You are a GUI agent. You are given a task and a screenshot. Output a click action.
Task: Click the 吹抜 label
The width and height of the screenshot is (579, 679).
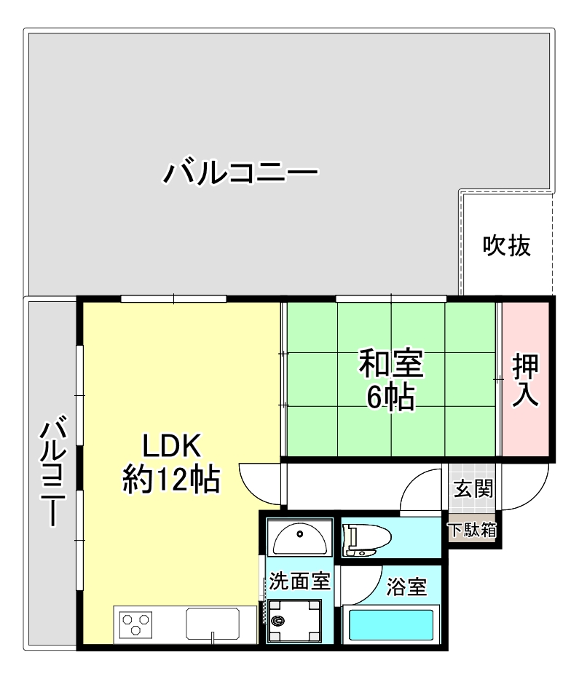click(507, 246)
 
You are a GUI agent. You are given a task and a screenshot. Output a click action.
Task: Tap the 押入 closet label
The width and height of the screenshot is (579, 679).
click(525, 380)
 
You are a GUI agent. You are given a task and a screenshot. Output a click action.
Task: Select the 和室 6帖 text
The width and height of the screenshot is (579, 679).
click(391, 380)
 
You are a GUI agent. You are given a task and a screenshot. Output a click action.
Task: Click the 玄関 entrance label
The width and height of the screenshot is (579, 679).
click(473, 488)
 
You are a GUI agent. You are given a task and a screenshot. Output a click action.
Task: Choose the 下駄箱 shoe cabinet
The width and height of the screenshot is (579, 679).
click(473, 530)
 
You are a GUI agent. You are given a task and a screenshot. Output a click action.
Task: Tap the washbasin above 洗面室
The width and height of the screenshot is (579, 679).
click(299, 537)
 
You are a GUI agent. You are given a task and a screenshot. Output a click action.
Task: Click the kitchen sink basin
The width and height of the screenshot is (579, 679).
click(213, 624)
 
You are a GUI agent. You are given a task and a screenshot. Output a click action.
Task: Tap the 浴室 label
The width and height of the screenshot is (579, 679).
click(406, 587)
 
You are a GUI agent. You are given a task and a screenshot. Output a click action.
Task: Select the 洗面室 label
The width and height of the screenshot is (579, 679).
click(299, 581)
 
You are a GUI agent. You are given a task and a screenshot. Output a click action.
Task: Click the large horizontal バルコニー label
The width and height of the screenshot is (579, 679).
click(240, 172)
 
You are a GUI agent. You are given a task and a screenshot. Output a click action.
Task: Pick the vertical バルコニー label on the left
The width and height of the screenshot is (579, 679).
click(53, 470)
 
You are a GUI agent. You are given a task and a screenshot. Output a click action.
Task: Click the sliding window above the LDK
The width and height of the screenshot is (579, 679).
click(174, 299)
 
